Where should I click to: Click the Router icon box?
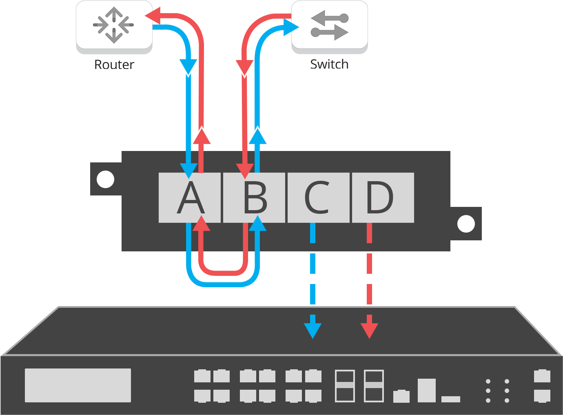(114, 25)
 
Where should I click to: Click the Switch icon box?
(329, 25)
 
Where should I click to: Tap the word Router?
(114, 64)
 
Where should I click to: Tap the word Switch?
(329, 64)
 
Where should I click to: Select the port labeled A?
(190, 198)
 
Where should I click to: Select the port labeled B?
(254, 198)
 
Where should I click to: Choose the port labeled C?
(318, 198)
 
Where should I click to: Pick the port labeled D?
(383, 198)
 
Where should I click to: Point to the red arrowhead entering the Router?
(152, 16)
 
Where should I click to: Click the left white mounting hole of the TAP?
(105, 179)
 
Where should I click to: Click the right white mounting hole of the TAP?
(466, 224)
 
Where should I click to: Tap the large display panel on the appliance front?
(78, 385)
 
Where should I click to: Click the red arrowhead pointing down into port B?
(244, 170)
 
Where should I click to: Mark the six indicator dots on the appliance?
(497, 391)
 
